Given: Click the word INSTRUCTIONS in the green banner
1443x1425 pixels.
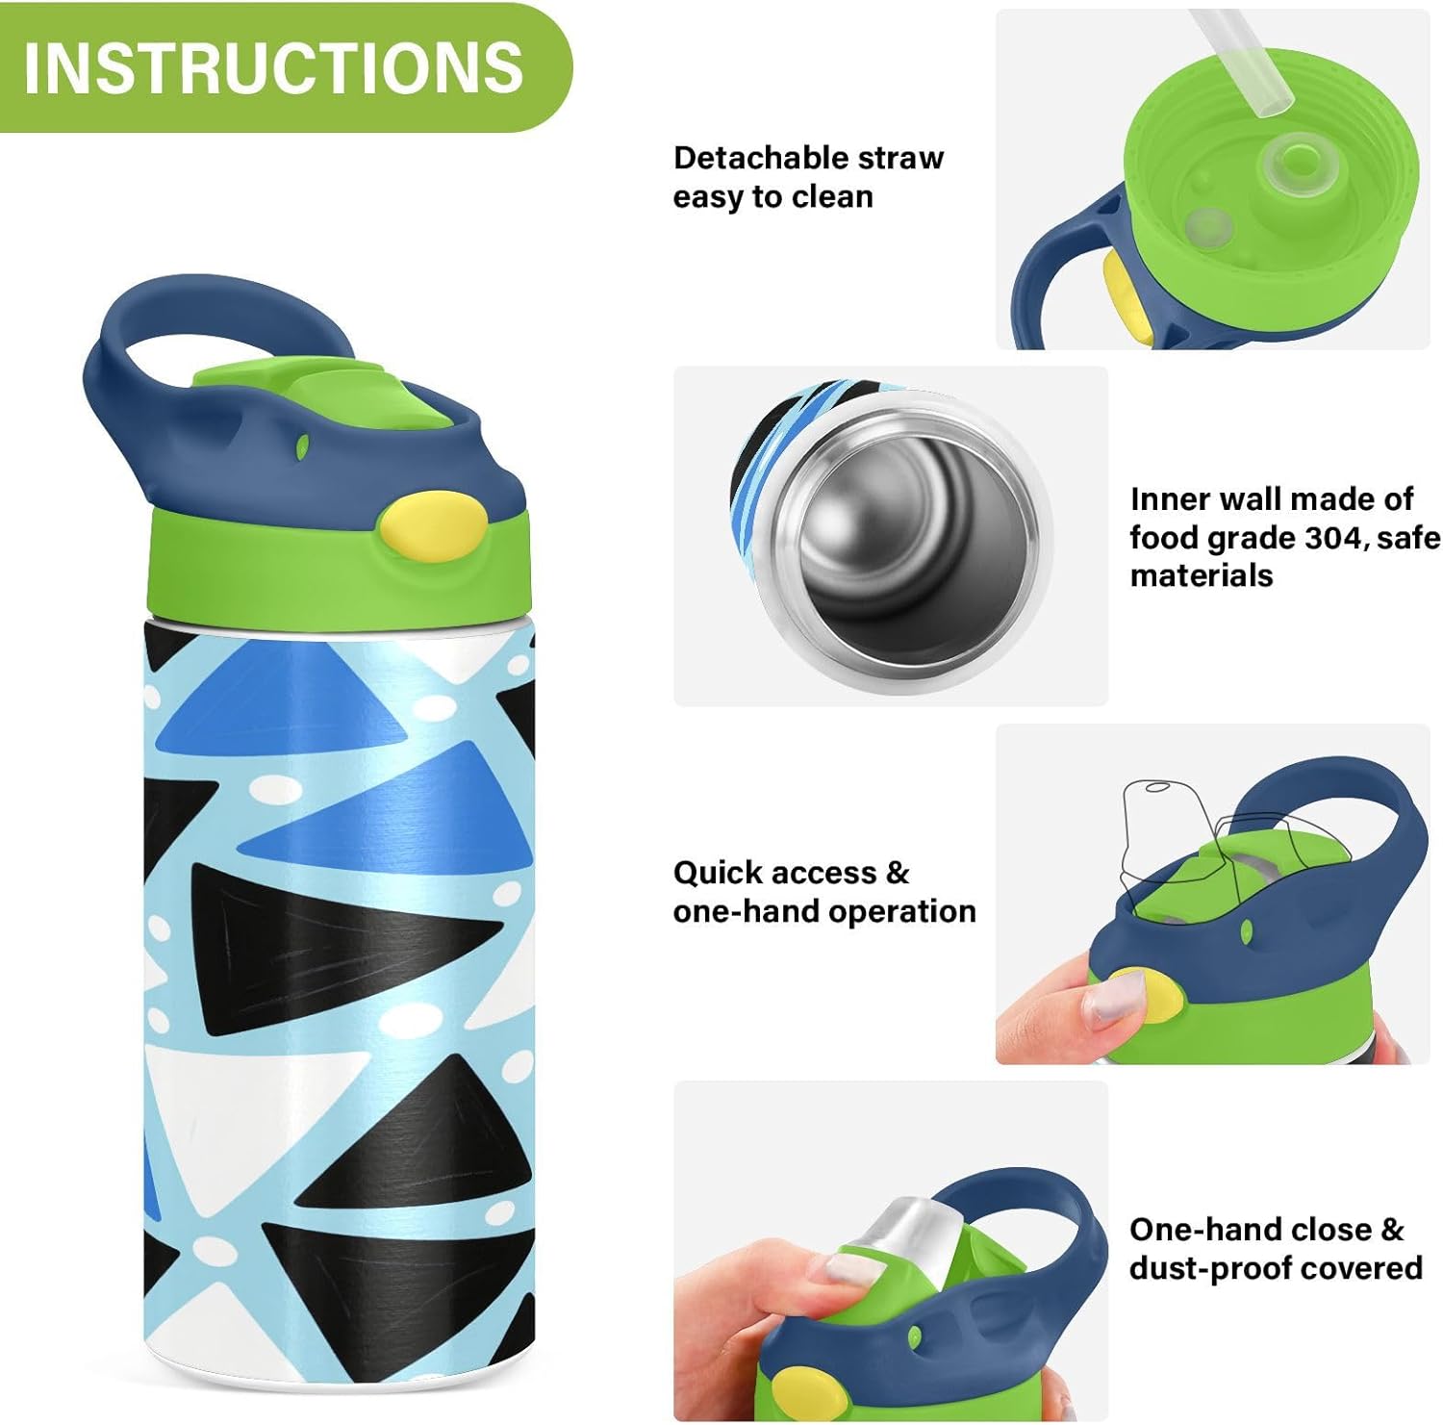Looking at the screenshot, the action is tap(273, 67).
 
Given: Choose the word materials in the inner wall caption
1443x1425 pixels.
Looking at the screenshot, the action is tap(1202, 575).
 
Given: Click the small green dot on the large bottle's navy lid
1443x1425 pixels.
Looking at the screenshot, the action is tap(302, 446).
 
